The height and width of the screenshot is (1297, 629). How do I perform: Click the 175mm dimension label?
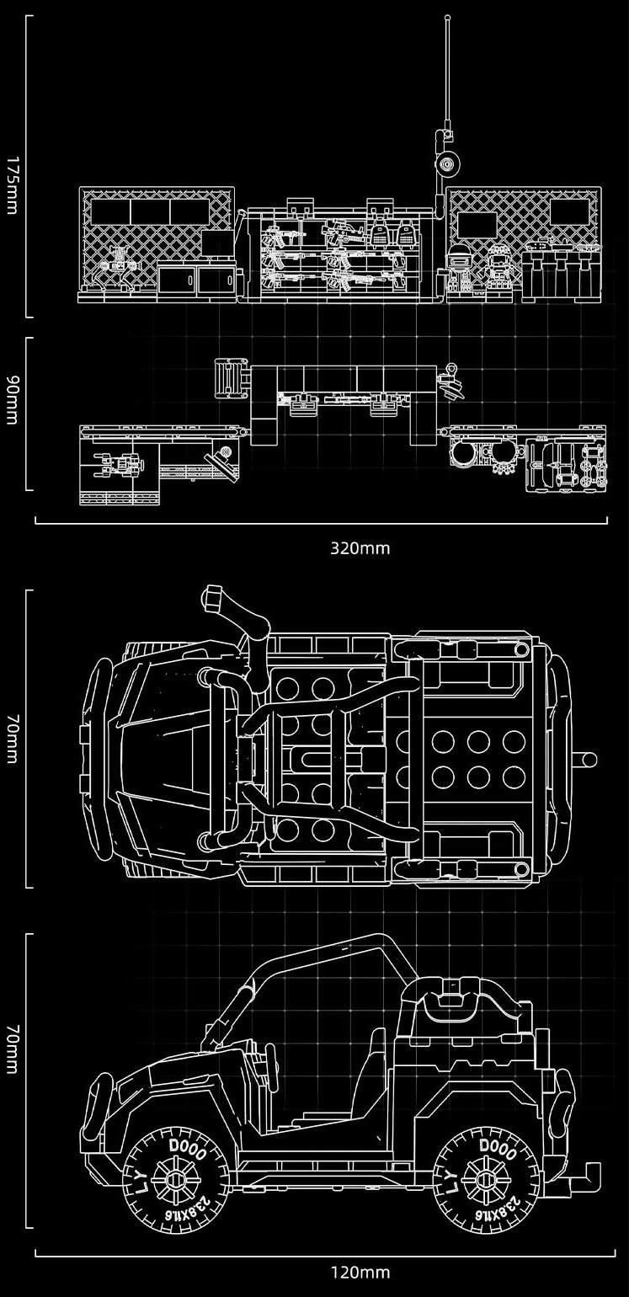pyautogui.click(x=11, y=184)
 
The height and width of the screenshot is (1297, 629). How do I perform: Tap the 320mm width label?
pyautogui.click(x=360, y=548)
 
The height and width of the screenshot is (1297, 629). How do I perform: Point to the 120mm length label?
pyautogui.click(x=360, y=1272)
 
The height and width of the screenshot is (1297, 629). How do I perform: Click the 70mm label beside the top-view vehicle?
pyautogui.click(x=11, y=739)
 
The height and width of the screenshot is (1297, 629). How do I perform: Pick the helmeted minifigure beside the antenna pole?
pyautogui.click(x=460, y=270)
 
